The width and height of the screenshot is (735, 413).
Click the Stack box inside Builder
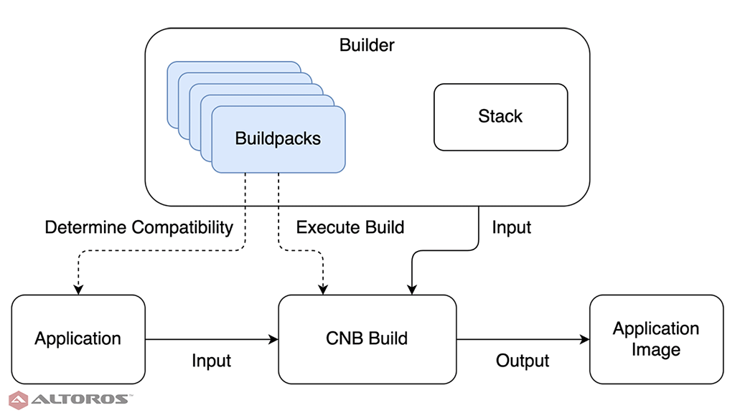pyautogui.click(x=500, y=117)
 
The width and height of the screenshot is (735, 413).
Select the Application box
pyautogui.click(x=78, y=338)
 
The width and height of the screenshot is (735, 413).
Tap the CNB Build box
pyautogui.click(x=367, y=338)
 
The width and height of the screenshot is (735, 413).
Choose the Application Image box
pyautogui.click(x=656, y=338)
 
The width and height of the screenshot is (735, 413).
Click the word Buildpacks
pyautogui.click(x=278, y=138)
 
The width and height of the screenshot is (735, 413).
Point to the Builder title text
pyautogui.click(x=367, y=46)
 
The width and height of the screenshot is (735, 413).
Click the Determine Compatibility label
pyautogui.click(x=139, y=228)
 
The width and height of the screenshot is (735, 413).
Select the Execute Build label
pyautogui.click(x=350, y=228)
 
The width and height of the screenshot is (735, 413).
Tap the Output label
pyautogui.click(x=523, y=361)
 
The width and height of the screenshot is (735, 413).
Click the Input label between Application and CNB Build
pyautogui.click(x=211, y=361)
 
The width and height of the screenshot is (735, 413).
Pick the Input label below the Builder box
pyautogui.click(x=512, y=228)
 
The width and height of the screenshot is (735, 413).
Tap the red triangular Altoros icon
pyautogui.click(x=19, y=399)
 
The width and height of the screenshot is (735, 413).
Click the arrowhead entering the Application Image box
pyautogui.click(x=584, y=339)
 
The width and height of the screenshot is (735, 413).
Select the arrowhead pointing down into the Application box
pyautogui.click(x=78, y=289)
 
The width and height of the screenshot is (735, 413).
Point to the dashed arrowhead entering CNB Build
pyautogui.click(x=323, y=289)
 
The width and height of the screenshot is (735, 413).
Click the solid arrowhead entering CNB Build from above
pyautogui.click(x=411, y=289)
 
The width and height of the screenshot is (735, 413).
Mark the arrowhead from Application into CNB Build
pyautogui.click(x=273, y=339)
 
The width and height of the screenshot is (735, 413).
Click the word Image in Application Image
pyautogui.click(x=656, y=350)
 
